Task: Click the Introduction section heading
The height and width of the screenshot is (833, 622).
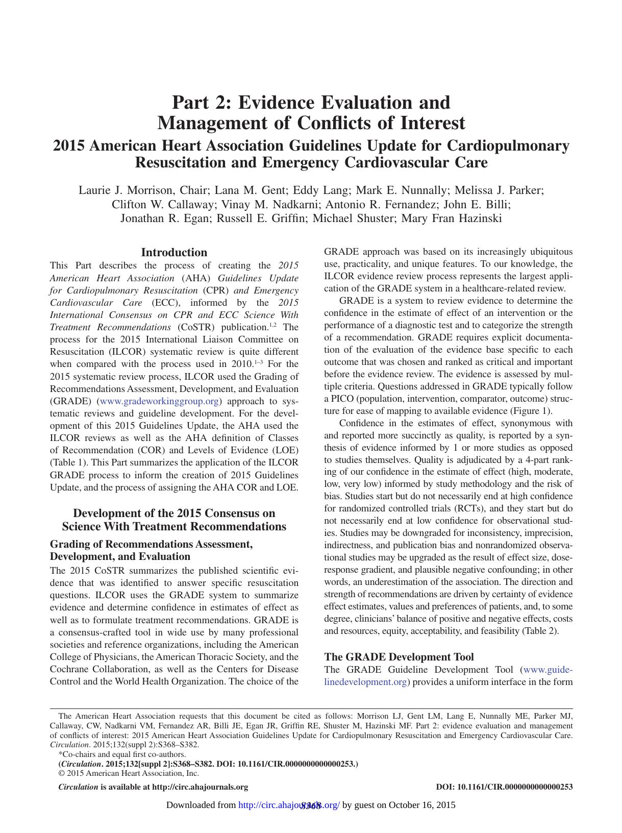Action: click(x=174, y=252)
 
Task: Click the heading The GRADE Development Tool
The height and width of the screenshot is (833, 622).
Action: click(x=399, y=657)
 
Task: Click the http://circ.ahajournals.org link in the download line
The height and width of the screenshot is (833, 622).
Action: click(x=289, y=805)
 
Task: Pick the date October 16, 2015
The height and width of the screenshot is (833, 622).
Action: click(x=422, y=805)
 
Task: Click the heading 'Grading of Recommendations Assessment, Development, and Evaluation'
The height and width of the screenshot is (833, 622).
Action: click(x=151, y=550)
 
